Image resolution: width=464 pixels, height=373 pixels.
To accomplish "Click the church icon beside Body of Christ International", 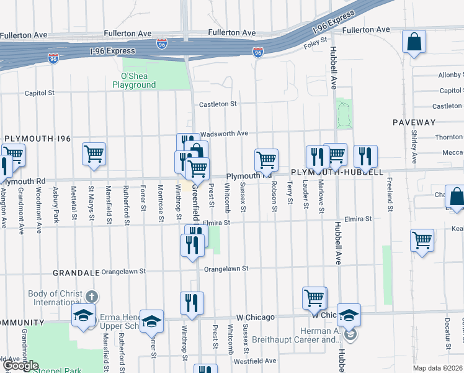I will pyautogui.click(x=92, y=297).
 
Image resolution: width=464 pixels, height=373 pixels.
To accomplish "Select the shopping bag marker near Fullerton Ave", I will pyautogui.click(x=414, y=43).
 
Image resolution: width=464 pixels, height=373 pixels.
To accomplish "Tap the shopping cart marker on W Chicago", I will pyautogui.click(x=315, y=298).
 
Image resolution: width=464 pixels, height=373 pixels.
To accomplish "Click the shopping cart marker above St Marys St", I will pyautogui.click(x=94, y=154).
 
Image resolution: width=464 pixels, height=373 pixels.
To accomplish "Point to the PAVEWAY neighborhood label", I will pyautogui.click(x=414, y=122).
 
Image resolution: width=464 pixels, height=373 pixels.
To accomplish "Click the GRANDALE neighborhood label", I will pyautogui.click(x=76, y=272).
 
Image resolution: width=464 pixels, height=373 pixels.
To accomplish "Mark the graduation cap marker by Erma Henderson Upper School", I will pyautogui.click(x=151, y=321).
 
